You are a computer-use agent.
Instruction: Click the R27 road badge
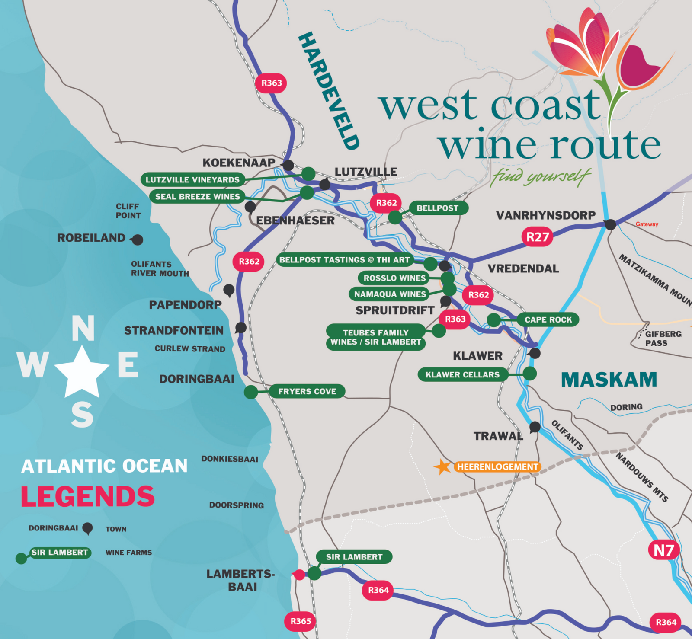pyautogui.click(x=537, y=237)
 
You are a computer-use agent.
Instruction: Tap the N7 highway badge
pyautogui.click(x=663, y=550)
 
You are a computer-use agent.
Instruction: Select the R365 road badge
pyautogui.click(x=301, y=621)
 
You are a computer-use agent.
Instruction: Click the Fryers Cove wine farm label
pyautogui.click(x=307, y=391)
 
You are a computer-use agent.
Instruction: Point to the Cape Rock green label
pyautogui.click(x=548, y=319)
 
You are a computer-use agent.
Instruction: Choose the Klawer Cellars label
pyautogui.click(x=462, y=374)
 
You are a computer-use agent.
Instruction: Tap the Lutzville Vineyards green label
pyautogui.click(x=192, y=179)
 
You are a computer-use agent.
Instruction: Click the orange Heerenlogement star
pyautogui.click(x=442, y=467)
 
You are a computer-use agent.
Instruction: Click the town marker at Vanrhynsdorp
pyautogui.click(x=610, y=224)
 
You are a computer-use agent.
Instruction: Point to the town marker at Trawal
pyautogui.click(x=535, y=427)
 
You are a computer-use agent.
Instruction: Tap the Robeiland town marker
pyautogui.click(x=138, y=240)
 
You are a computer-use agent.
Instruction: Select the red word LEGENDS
pyautogui.click(x=88, y=496)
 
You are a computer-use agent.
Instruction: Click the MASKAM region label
pyautogui.click(x=609, y=380)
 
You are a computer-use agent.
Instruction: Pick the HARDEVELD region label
pyautogui.click(x=329, y=91)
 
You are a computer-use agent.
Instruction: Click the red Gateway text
pyautogui.click(x=647, y=224)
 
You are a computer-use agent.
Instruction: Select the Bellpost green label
pyautogui.click(x=437, y=208)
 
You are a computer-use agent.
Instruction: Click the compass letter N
pyautogui.click(x=83, y=328)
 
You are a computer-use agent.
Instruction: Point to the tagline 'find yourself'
pyautogui.click(x=541, y=176)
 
